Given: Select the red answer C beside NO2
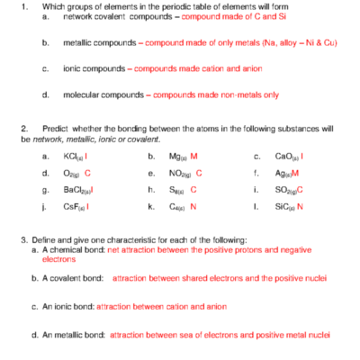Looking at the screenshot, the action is click(x=199, y=173).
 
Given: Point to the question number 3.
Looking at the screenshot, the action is click(x=23, y=241).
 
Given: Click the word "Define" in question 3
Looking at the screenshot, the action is click(x=42, y=241).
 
